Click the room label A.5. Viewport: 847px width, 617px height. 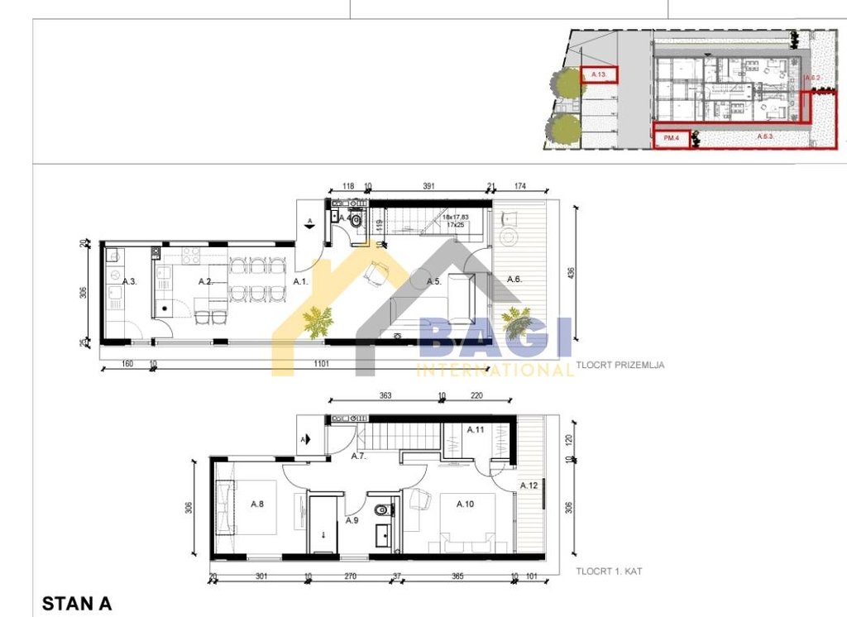433,282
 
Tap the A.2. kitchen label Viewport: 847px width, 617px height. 206,282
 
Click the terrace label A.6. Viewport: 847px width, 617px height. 514,279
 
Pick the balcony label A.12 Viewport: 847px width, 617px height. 529,485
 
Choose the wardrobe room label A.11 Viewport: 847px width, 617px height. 476,430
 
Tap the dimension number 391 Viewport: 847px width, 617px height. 429,187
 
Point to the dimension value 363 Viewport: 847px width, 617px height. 385,396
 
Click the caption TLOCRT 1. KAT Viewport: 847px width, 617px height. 609,572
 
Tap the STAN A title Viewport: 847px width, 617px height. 76,604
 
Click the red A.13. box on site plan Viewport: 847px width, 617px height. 599,76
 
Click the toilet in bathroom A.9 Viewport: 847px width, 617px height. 380,510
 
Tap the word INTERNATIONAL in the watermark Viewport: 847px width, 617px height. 495,370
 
